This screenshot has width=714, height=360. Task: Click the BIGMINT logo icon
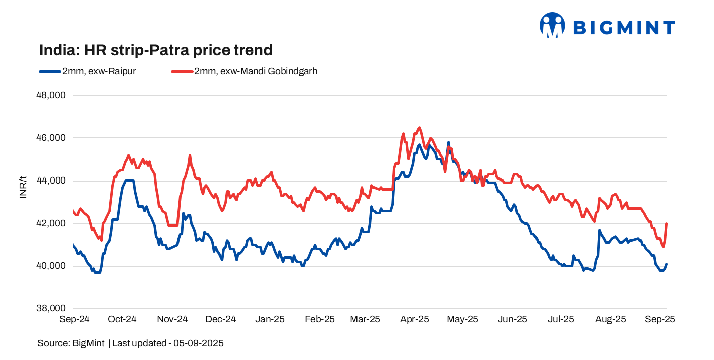click(552, 25)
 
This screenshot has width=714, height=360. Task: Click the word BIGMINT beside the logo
click(624, 28)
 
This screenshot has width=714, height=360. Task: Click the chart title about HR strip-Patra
click(156, 50)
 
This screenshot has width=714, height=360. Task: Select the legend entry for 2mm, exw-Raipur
click(87, 71)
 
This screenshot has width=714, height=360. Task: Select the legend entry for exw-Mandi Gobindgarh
click(245, 71)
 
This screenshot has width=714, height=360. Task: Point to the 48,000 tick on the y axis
click(51, 95)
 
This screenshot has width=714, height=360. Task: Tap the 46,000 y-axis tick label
click(51, 138)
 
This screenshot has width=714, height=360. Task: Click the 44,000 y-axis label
click(51, 181)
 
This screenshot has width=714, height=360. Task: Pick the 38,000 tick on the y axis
click(51, 309)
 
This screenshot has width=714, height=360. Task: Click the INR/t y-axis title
click(23, 187)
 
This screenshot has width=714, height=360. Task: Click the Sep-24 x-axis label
click(74, 319)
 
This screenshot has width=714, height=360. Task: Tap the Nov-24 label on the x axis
click(172, 319)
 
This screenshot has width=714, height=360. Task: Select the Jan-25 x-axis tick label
click(270, 319)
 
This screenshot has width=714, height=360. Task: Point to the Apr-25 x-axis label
click(415, 319)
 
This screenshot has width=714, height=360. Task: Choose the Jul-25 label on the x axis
click(561, 319)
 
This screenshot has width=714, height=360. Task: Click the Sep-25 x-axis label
click(660, 319)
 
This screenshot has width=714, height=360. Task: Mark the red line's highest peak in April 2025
click(420, 128)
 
